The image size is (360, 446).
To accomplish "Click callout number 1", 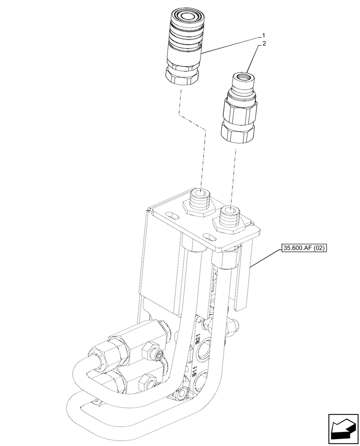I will tap(264, 35).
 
